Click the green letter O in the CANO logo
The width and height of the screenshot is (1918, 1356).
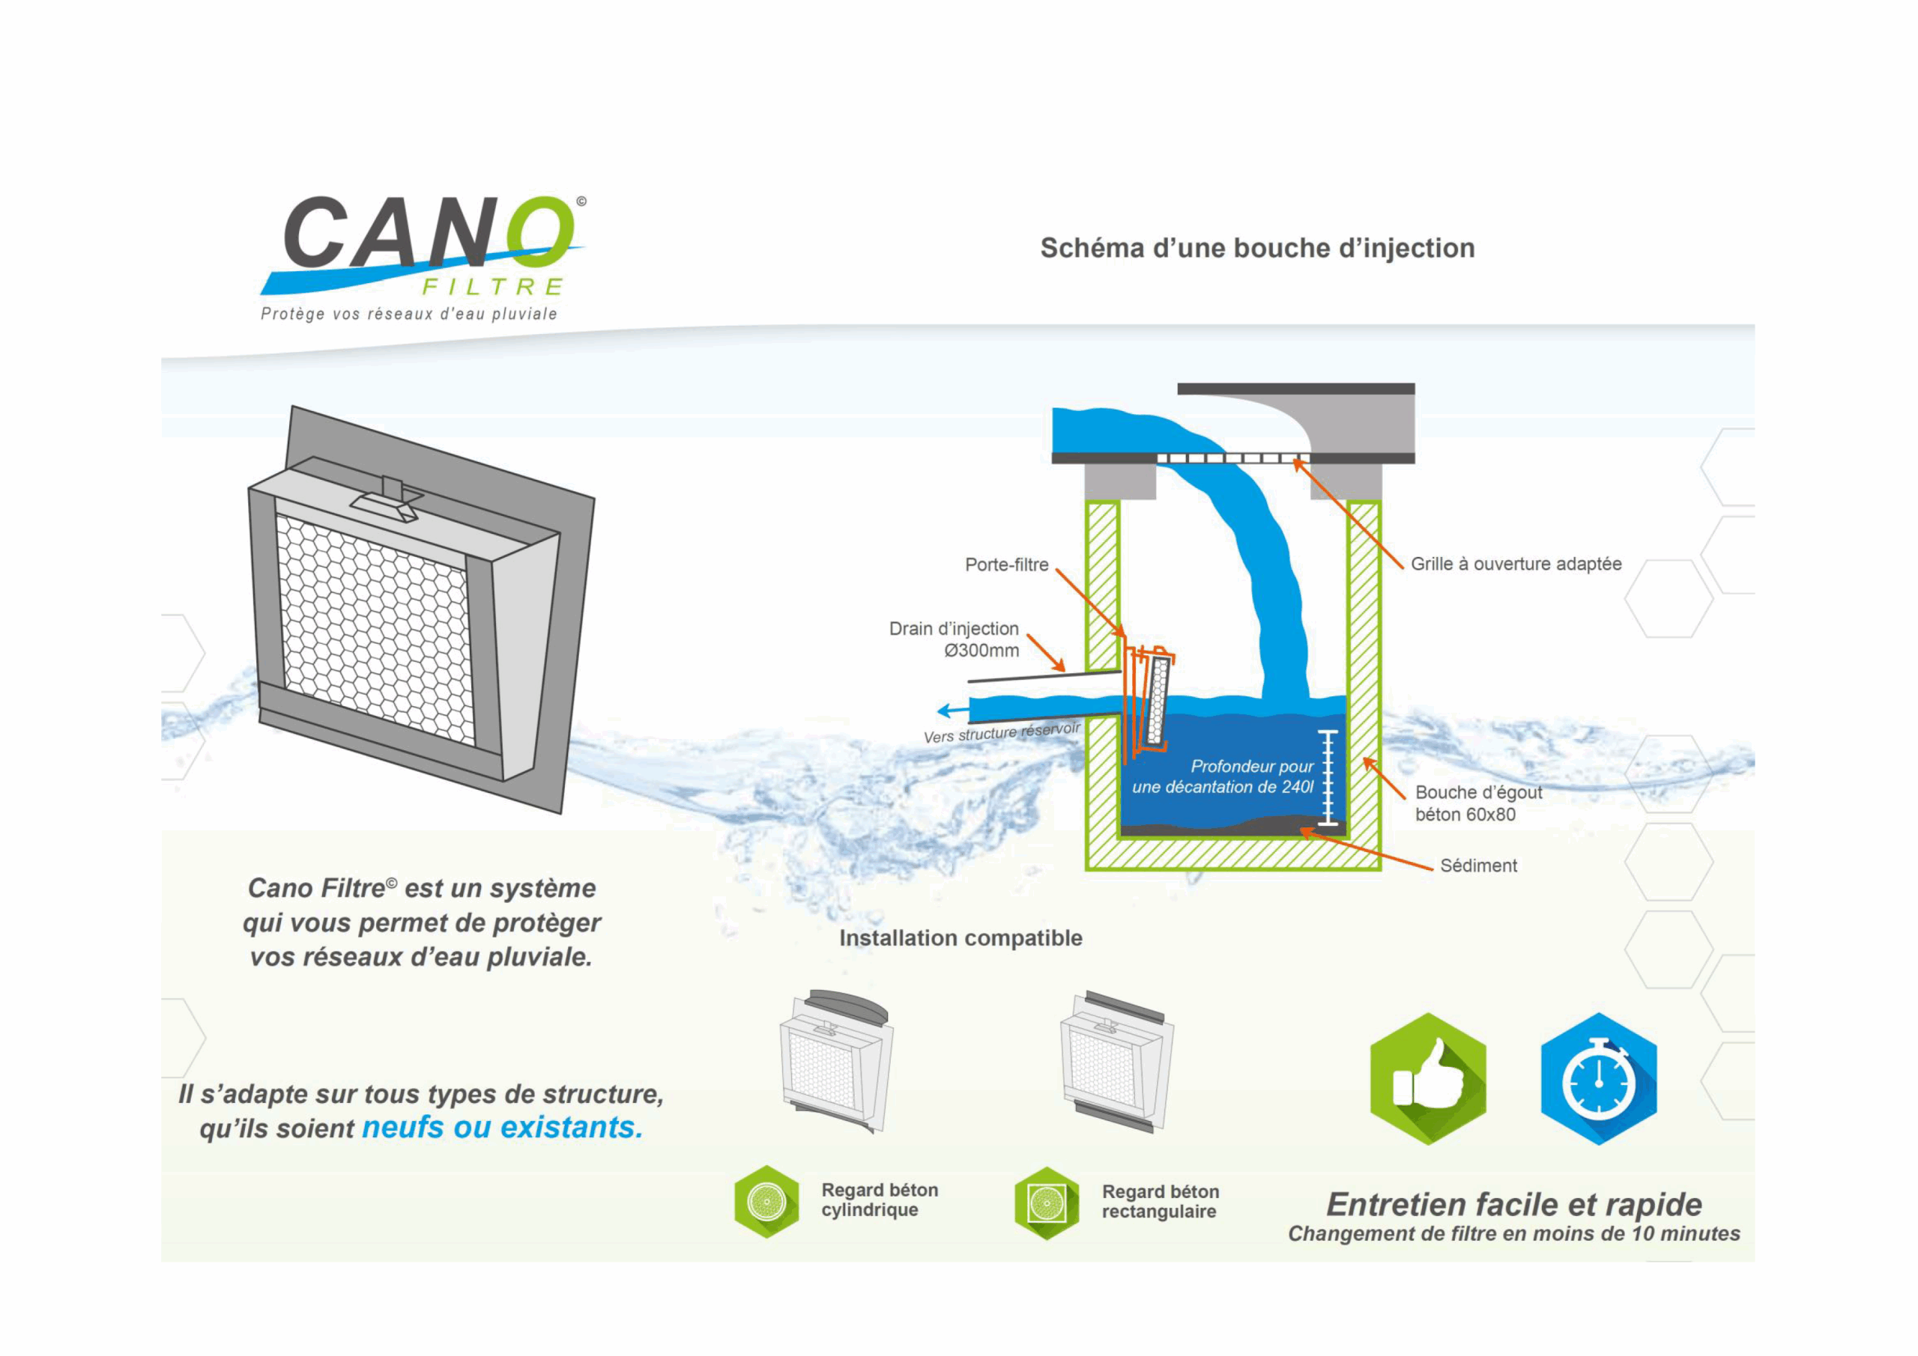click(x=542, y=227)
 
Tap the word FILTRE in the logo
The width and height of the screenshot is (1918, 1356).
click(x=492, y=288)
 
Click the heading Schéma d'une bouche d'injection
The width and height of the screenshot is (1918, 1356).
click(x=1256, y=248)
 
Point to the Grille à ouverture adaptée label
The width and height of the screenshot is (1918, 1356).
click(x=1516, y=565)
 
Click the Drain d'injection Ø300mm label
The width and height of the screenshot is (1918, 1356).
click(x=955, y=639)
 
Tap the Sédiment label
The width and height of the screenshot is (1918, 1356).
click(x=1477, y=866)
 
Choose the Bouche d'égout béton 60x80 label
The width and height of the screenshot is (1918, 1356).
click(x=1477, y=803)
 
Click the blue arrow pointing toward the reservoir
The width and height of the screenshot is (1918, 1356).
click(x=952, y=711)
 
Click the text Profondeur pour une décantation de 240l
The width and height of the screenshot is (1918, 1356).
click(x=1223, y=776)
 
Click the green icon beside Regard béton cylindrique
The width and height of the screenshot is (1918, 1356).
click(x=766, y=1202)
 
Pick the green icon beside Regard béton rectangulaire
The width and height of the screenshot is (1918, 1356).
click(x=1046, y=1203)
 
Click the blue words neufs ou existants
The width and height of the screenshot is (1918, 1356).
click(x=502, y=1127)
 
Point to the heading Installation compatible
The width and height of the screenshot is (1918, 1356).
click(x=960, y=938)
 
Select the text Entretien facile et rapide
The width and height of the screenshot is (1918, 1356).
click(x=1513, y=1204)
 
